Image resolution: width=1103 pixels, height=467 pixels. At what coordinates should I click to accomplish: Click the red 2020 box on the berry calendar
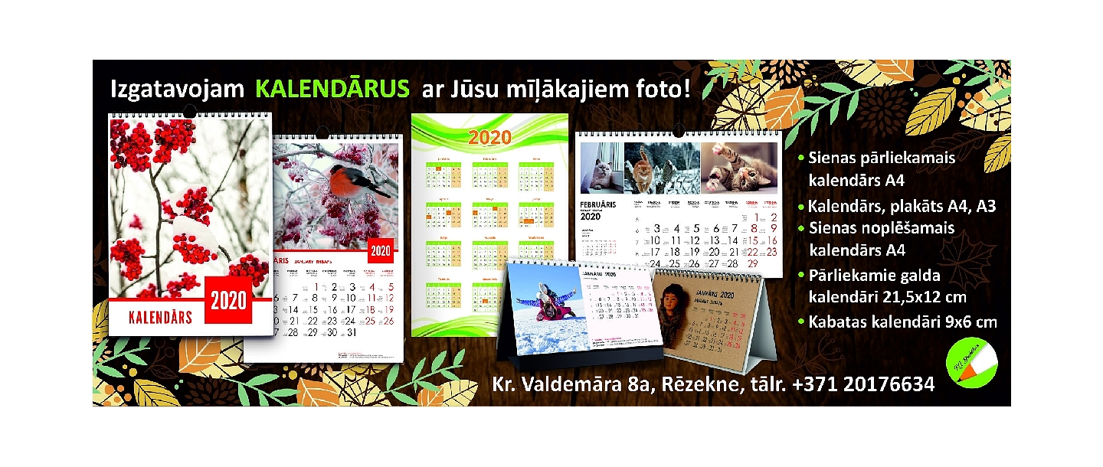229,301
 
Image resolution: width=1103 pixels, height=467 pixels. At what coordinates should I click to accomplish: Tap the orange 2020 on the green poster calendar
489,138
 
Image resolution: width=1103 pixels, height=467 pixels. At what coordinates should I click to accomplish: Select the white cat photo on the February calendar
601,168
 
